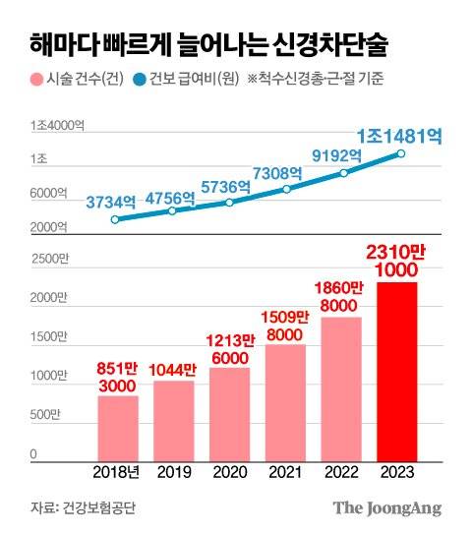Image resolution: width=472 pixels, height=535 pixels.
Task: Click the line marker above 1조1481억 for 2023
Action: click(400, 153)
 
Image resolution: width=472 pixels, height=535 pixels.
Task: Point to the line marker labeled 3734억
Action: click(116, 218)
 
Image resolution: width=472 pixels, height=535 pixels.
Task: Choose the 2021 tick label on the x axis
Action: click(286, 472)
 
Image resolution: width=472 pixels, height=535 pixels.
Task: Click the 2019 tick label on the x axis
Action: click(173, 472)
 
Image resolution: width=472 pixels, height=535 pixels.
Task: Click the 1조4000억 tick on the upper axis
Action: click(56, 125)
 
